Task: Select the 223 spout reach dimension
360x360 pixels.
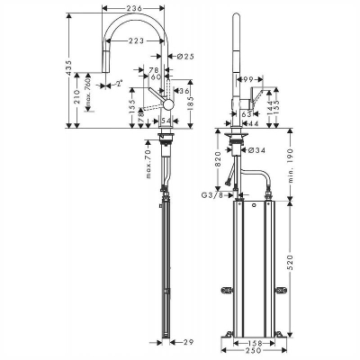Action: [137, 40]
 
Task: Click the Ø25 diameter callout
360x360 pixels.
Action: [186, 58]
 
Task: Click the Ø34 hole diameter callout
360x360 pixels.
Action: [254, 150]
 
